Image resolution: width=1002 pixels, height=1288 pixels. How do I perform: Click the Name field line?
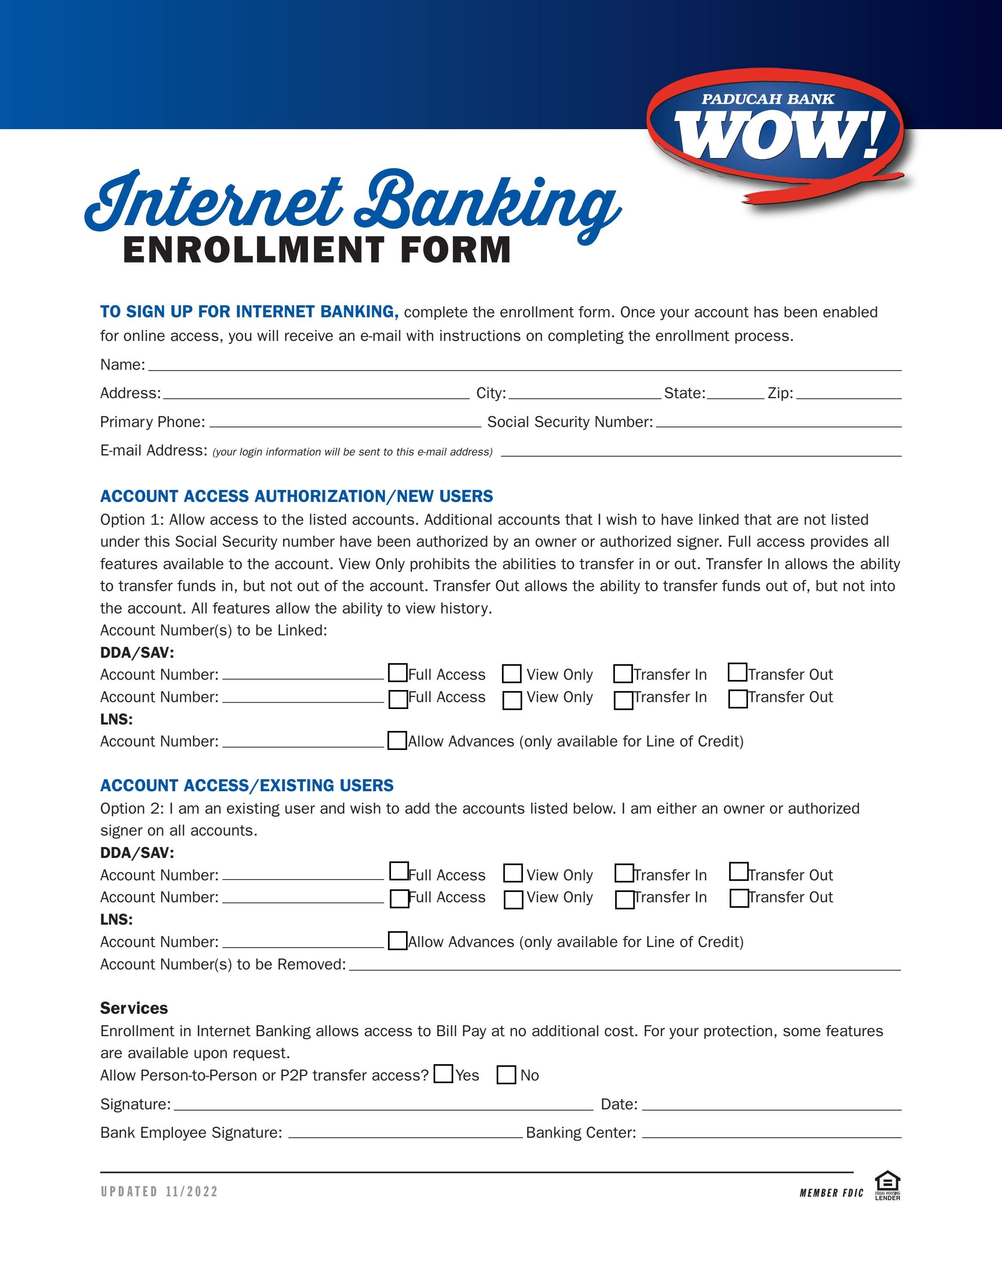[524, 365]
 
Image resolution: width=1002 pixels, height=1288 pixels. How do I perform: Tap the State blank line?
[735, 394]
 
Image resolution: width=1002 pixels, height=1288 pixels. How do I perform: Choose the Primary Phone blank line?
[345, 422]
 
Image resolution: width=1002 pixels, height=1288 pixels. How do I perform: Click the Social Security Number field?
[779, 422]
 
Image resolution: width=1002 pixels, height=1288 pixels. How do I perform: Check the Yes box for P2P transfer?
[443, 1074]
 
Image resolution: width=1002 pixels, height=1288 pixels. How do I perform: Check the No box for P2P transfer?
[506, 1075]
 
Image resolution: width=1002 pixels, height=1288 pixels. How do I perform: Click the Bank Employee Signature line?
[405, 1133]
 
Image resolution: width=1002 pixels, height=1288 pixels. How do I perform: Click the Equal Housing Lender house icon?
[887, 1183]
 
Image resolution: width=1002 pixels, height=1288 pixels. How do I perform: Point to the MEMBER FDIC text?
[831, 1193]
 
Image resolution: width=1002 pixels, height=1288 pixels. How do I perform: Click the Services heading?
[134, 1008]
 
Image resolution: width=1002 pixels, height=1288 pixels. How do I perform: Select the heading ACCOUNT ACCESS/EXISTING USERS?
[247, 786]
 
